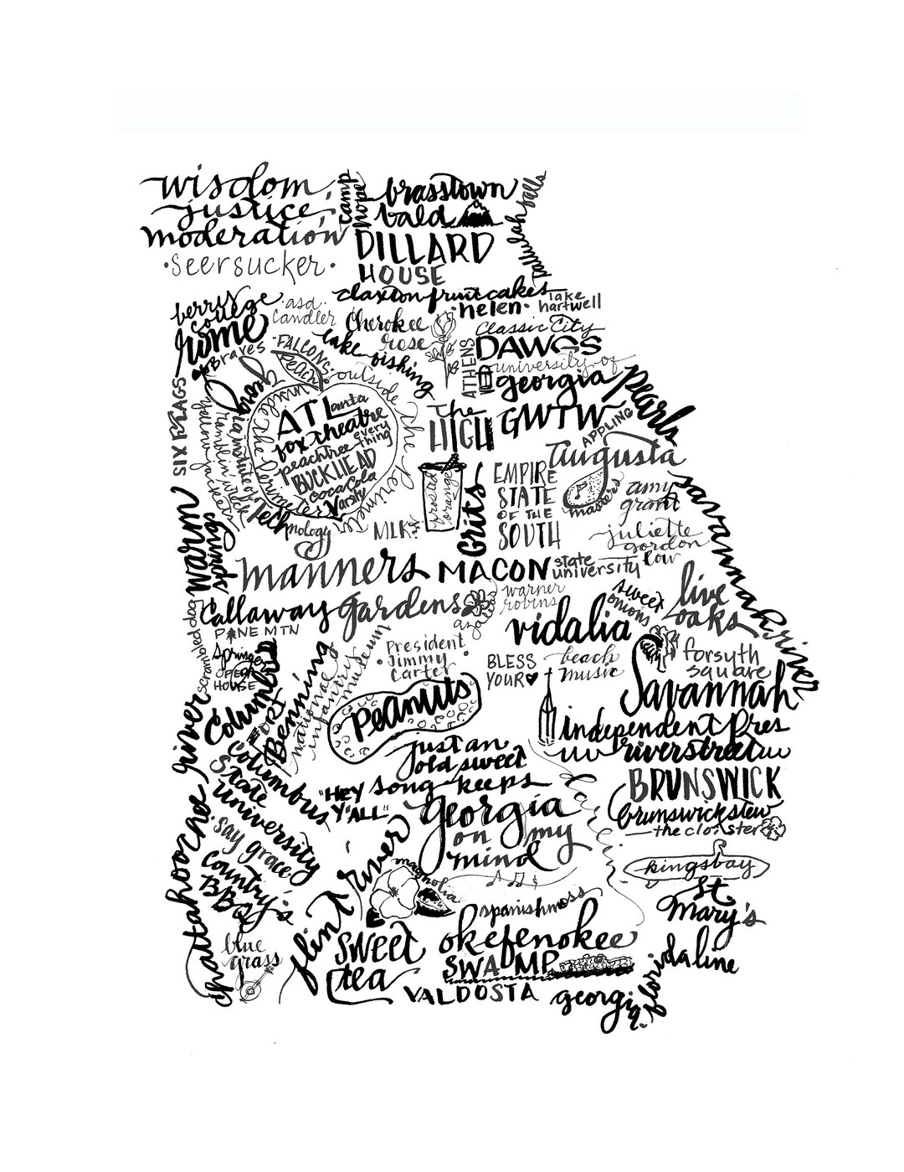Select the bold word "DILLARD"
424,249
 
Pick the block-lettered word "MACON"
491,571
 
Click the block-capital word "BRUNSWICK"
707,784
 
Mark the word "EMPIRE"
521,469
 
